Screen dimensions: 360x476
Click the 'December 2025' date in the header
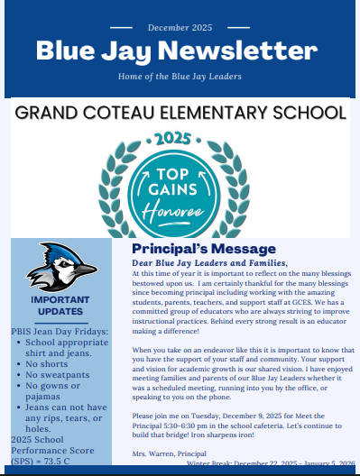coord(180,30)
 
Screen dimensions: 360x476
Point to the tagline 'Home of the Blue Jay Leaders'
coord(180,77)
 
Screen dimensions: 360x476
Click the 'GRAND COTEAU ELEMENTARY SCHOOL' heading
coord(180,113)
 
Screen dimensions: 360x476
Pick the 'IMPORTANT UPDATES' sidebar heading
coord(60,306)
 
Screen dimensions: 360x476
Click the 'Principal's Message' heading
coord(204,248)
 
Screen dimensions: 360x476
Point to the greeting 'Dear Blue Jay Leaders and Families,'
coord(209,262)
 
